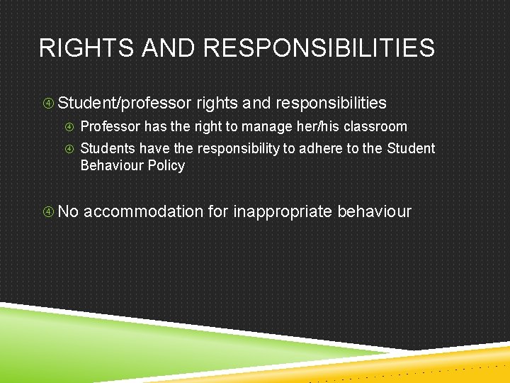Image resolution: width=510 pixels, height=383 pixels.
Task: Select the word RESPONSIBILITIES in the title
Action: pyautogui.click(x=319, y=48)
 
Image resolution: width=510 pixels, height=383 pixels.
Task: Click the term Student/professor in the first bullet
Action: pyautogui.click(x=125, y=104)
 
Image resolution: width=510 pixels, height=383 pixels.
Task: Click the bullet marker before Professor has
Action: pyautogui.click(x=70, y=127)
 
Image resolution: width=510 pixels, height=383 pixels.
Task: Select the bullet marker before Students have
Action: pyautogui.click(x=70, y=149)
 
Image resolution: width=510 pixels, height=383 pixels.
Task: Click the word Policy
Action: pyautogui.click(x=167, y=166)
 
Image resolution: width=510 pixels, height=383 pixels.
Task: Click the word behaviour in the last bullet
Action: pyautogui.click(x=374, y=211)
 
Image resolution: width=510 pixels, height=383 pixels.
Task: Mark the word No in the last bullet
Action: pyautogui.click(x=68, y=211)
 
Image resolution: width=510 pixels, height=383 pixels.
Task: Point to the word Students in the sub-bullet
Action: pyautogui.click(x=108, y=149)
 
